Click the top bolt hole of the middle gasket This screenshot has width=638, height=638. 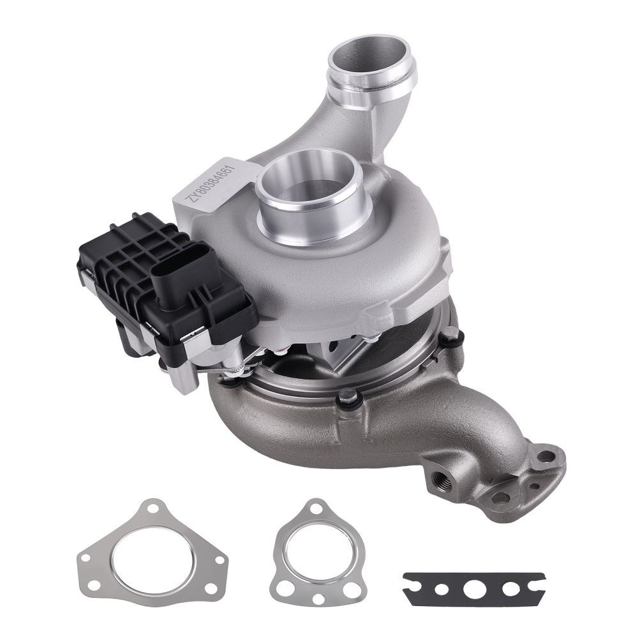tap(315, 510)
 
